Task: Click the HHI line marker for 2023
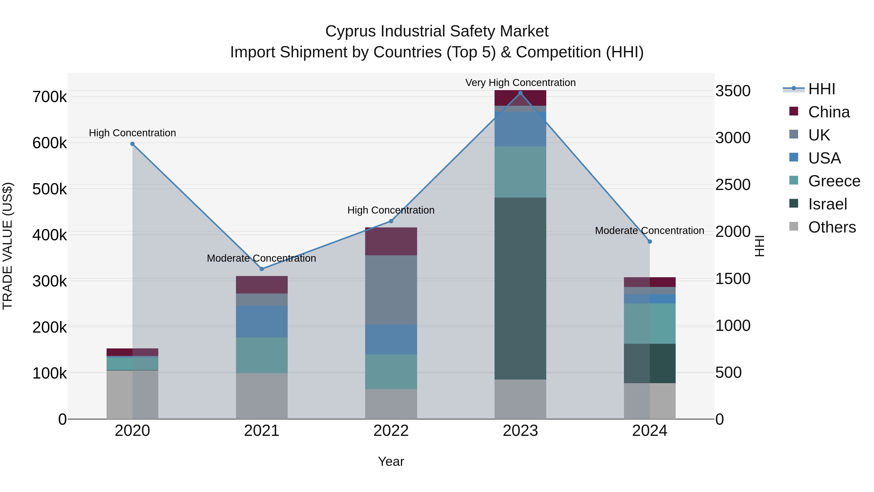tap(520, 93)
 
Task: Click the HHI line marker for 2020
tap(132, 144)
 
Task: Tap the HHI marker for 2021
tap(261, 269)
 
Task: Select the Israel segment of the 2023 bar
tap(520, 289)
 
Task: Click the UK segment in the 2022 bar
tap(391, 290)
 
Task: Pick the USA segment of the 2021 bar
tap(261, 321)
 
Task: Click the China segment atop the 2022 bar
tap(391, 242)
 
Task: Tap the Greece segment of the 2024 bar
tap(649, 324)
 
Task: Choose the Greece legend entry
tap(834, 181)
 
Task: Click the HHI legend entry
tap(821, 89)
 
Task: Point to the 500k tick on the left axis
tap(50, 189)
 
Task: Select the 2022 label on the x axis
tap(391, 431)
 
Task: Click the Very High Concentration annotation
tap(520, 83)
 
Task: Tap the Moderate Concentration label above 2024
tap(649, 231)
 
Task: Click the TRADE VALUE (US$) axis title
tap(8, 246)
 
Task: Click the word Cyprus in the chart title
tap(351, 31)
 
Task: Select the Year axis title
tap(391, 461)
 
